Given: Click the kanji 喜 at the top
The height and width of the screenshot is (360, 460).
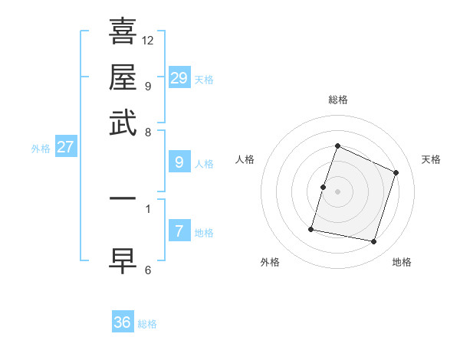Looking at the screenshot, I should [123, 31].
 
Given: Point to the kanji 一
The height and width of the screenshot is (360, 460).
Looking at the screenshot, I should [123, 198].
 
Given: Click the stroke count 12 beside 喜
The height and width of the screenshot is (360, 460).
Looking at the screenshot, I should [148, 40].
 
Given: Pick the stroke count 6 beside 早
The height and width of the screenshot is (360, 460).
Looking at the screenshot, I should [148, 270].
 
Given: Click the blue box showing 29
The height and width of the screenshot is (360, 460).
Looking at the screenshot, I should [179, 78].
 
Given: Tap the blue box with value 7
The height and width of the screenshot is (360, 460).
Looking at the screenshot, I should [179, 231].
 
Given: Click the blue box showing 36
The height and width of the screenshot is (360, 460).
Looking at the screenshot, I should [123, 322].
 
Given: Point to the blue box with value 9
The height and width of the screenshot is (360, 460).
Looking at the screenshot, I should [179, 162].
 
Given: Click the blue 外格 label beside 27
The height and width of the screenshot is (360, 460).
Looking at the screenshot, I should [41, 149].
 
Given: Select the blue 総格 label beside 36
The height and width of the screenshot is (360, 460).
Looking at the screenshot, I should [147, 324].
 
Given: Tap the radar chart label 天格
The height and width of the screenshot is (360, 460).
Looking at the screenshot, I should [431, 159].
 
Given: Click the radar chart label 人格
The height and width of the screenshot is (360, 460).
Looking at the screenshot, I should [245, 159].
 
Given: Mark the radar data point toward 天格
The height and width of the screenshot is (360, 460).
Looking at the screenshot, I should [396, 172].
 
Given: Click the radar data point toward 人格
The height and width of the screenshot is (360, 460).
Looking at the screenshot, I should [323, 187].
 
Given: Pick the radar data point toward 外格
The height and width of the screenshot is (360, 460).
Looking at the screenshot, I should [311, 229].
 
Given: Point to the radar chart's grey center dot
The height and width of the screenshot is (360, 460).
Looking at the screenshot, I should [337, 191].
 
